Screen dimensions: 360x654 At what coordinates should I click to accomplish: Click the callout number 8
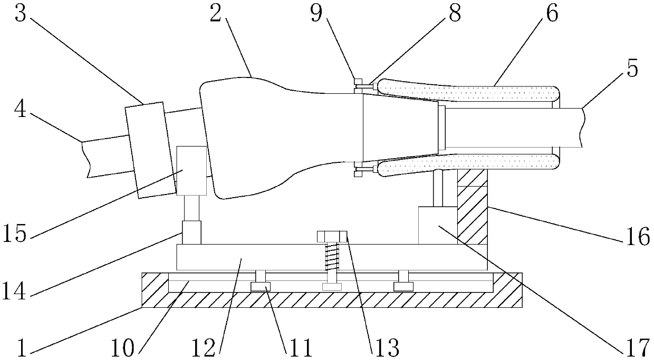[453, 14]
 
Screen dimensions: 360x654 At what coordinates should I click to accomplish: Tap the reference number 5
[632, 69]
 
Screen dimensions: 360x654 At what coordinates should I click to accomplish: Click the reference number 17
[637, 348]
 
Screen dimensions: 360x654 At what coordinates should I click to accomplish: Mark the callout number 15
[14, 233]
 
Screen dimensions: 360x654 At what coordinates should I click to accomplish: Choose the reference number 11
[297, 348]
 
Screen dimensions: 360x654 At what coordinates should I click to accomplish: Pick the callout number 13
[386, 348]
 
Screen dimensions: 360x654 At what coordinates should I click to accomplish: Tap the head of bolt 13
[331, 236]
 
